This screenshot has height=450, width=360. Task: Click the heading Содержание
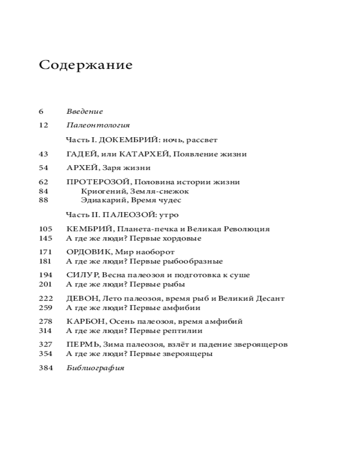pos(85,65)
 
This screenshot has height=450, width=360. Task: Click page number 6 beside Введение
pos(41,112)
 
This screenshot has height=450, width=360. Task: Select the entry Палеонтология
pos(98,126)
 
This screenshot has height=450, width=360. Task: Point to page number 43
pos(43,154)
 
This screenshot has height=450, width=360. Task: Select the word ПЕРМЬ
pos(81,345)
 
